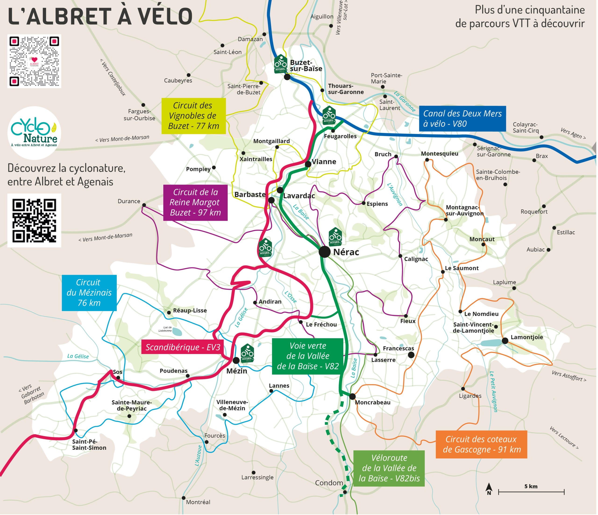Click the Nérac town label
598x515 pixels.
pyautogui.click(x=346, y=252)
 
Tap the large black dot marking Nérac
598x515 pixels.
pyautogui.click(x=324, y=252)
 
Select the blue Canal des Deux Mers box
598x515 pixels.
pyautogui.click(x=462, y=119)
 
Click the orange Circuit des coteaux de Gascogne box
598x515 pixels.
pyautogui.click(x=481, y=444)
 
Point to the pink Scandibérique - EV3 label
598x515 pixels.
pyautogui.click(x=183, y=347)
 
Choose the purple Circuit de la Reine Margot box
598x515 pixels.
pyautogui.click(x=195, y=202)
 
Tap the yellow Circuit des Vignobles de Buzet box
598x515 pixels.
pyautogui.click(x=193, y=116)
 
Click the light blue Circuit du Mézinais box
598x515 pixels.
pyautogui.click(x=89, y=293)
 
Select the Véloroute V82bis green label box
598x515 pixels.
pyautogui.click(x=389, y=468)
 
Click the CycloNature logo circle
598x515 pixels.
pyautogui.click(x=34, y=133)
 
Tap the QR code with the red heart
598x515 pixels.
pyautogui.click(x=34, y=61)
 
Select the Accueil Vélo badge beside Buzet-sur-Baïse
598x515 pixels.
pyautogui.click(x=281, y=64)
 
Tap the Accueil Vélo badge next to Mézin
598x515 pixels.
pyautogui.click(x=247, y=353)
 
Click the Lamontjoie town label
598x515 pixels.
pyautogui.click(x=527, y=337)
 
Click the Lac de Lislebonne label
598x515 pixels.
pyautogui.click(x=165, y=329)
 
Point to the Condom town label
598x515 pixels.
pyautogui.click(x=329, y=483)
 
